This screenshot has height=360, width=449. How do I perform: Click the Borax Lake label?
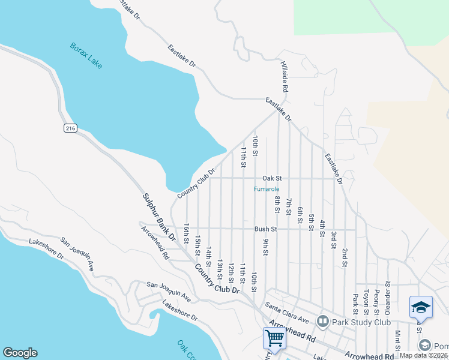pyautogui.click(x=86, y=55)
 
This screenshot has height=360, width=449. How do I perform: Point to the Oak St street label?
pyautogui.click(x=272, y=178)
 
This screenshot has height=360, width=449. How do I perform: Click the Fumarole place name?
pyautogui.click(x=266, y=190)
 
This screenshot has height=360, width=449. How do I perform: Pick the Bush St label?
pyautogui.click(x=265, y=229)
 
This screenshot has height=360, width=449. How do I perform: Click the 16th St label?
pyautogui.click(x=187, y=232)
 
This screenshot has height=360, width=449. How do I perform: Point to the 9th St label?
pyautogui.click(x=265, y=246)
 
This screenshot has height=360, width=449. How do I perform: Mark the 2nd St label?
pyautogui.click(x=345, y=256)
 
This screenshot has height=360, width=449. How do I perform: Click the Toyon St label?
pyautogui.click(x=366, y=304)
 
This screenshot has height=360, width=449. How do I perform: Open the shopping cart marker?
pyautogui.click(x=274, y=337)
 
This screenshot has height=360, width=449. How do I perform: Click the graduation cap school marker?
pyautogui.click(x=421, y=307)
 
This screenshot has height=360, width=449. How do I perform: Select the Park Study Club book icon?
pyautogui.click(x=323, y=322)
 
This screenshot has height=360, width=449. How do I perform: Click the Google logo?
pyautogui.click(x=20, y=353)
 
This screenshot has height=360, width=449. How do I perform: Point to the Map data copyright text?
pyautogui.click(x=424, y=355)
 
